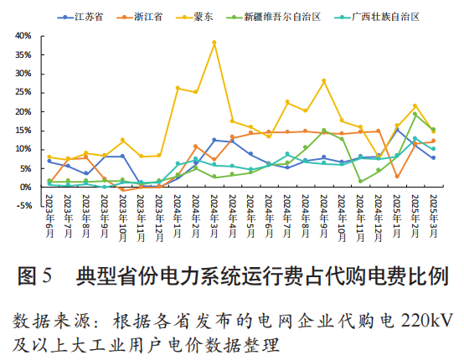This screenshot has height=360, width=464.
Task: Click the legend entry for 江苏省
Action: [x=86, y=17]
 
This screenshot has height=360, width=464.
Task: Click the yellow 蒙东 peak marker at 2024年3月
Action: [x=214, y=43]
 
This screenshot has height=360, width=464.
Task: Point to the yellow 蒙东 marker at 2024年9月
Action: [x=323, y=80]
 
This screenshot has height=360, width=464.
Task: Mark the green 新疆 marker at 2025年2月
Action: [x=415, y=114]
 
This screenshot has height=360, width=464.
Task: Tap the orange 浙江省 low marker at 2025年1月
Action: [x=396, y=176]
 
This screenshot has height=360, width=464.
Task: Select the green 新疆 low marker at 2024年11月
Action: [x=360, y=181]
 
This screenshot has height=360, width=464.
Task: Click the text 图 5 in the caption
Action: [x=35, y=275]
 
